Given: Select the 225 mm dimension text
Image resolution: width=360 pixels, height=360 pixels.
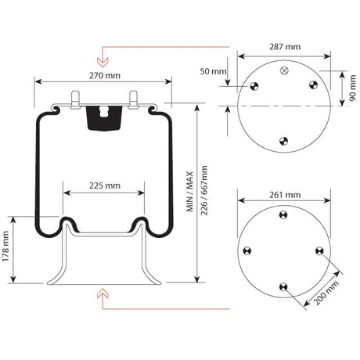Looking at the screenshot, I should click(104, 185).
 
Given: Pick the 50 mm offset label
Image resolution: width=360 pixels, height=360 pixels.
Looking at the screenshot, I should click(212, 72).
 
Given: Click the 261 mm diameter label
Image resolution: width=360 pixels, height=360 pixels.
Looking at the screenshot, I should click(283, 194).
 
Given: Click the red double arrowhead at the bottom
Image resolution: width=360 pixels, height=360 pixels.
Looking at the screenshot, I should click(101, 294).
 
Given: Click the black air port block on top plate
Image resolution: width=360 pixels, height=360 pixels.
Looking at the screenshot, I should click(103, 118).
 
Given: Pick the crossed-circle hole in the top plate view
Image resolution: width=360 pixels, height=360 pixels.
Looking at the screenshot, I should click(283, 70).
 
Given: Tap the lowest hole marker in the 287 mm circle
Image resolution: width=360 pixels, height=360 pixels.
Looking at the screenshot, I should click(283, 141).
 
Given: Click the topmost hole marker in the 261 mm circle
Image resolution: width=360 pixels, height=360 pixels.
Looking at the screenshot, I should click(283, 214).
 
